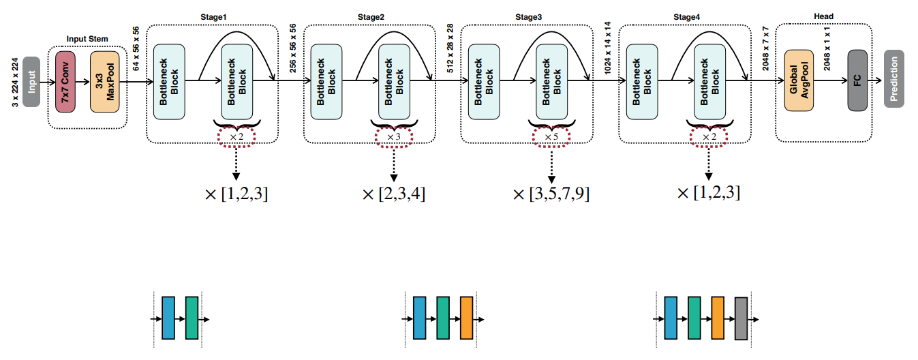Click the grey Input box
click(x=31, y=80)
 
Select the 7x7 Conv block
click(x=65, y=81)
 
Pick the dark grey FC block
click(x=857, y=80)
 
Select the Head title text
click(x=823, y=16)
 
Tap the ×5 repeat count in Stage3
click(x=551, y=136)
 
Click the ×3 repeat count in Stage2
click(x=394, y=136)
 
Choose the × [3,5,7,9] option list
click(x=551, y=194)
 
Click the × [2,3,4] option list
click(x=395, y=194)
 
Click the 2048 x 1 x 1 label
click(x=829, y=51)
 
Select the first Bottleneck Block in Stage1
click(x=169, y=81)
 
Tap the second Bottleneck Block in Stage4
click(x=710, y=81)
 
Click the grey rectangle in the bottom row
click(x=741, y=318)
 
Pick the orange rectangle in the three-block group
click(x=466, y=318)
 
